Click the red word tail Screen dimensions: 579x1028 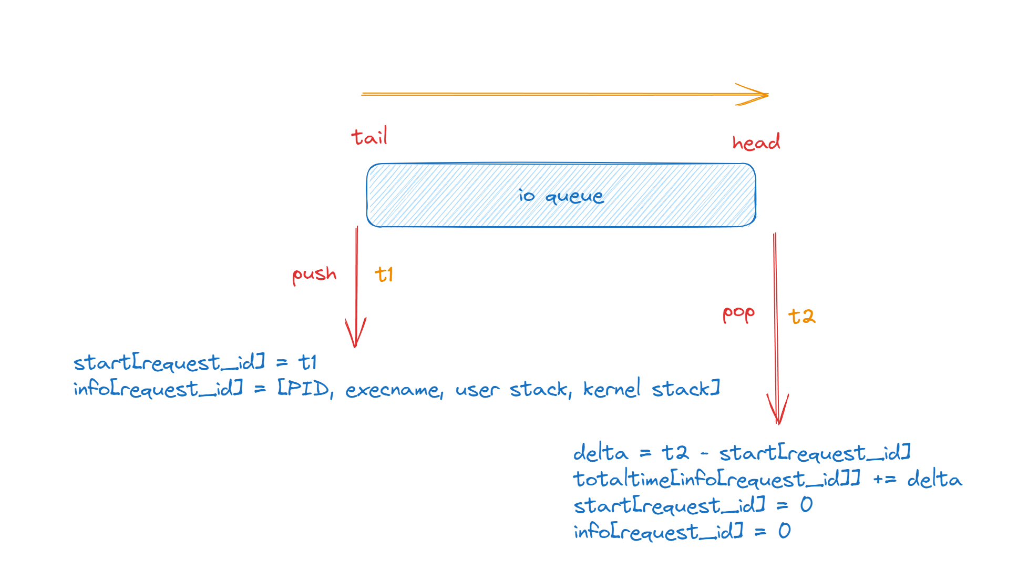[369, 137]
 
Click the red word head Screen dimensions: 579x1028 [756, 143]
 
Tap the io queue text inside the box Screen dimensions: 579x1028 [561, 196]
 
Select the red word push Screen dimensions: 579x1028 [314, 275]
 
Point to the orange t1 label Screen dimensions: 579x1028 [384, 275]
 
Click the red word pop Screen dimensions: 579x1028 [738, 314]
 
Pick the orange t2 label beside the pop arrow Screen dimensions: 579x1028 [801, 316]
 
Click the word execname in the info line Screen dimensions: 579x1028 [394, 390]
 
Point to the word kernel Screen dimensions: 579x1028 [612, 389]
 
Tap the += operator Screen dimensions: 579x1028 [885, 479]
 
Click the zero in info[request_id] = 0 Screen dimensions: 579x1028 [784, 531]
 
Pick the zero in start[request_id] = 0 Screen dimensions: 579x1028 [806, 505]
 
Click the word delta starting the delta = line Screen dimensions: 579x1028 [600, 453]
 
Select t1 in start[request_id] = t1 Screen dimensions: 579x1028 [307, 362]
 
